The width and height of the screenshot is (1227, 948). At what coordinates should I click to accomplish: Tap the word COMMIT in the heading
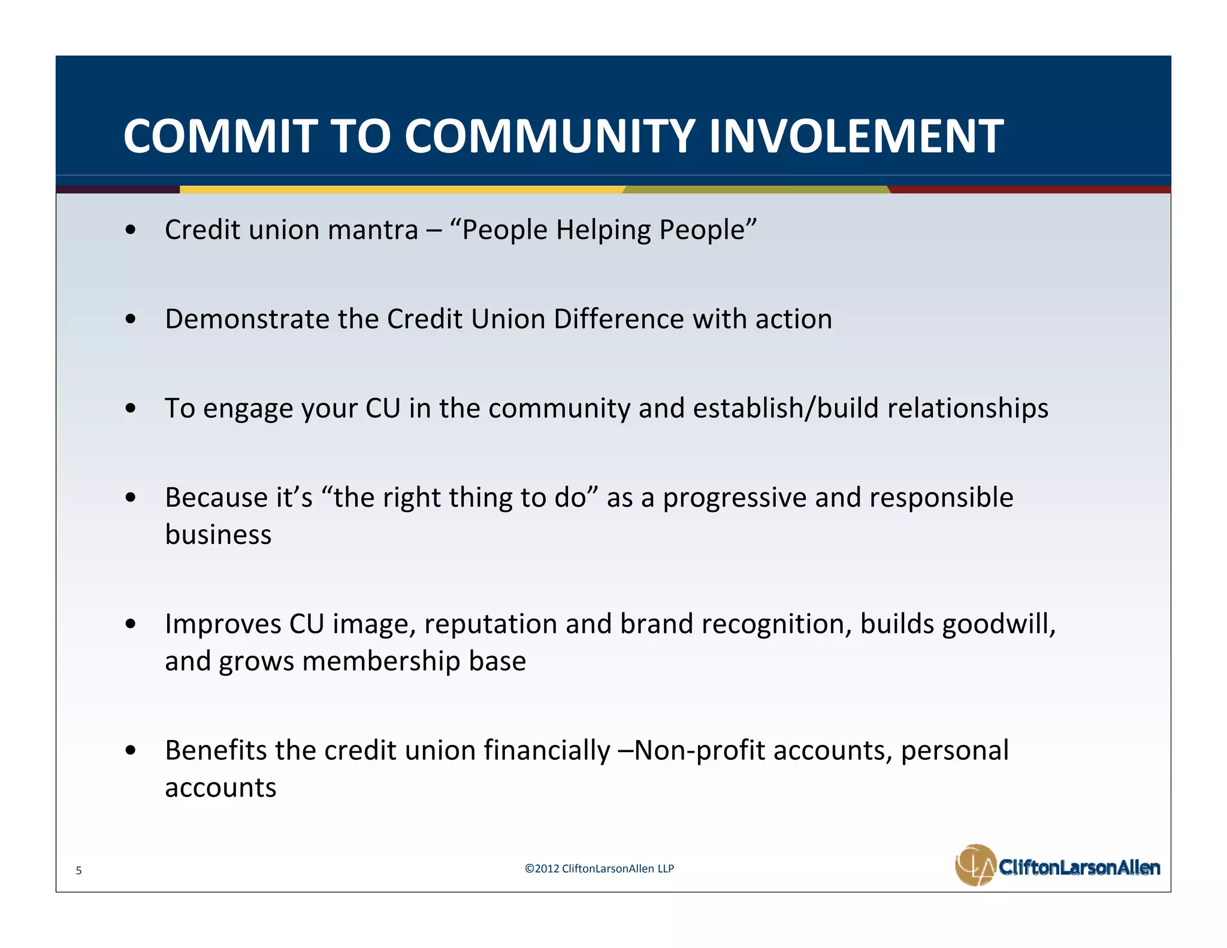click(220, 136)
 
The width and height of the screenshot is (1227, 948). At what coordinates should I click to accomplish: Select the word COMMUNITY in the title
click(549, 136)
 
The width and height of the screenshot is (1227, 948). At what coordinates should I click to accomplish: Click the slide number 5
click(78, 871)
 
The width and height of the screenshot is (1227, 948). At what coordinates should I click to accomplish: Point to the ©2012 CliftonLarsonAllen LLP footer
click(599, 868)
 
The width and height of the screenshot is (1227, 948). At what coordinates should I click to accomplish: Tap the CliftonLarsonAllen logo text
click(1079, 867)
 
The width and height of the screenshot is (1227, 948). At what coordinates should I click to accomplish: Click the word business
click(218, 535)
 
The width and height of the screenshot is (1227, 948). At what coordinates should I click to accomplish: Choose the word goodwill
click(998, 624)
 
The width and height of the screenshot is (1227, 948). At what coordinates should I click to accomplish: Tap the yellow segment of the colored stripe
click(401, 189)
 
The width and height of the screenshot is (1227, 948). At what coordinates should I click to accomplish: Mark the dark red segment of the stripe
click(1030, 189)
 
